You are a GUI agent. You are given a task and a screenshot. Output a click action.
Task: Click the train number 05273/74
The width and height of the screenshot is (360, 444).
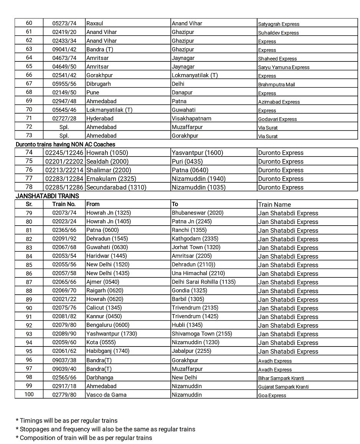(64, 23)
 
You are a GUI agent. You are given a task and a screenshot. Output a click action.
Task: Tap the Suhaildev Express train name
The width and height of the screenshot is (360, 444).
(278, 33)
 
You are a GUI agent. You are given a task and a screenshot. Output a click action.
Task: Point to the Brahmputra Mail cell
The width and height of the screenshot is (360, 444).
(276, 84)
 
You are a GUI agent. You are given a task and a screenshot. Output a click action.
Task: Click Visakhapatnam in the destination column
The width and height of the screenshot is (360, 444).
(192, 118)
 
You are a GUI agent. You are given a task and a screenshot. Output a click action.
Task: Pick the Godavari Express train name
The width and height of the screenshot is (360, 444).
(277, 119)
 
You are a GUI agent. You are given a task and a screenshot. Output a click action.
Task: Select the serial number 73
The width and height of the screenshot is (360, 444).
(29, 135)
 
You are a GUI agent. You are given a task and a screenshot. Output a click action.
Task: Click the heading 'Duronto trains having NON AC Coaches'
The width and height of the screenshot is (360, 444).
(65, 144)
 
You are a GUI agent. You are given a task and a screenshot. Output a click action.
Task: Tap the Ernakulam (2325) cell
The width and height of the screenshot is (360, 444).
(111, 178)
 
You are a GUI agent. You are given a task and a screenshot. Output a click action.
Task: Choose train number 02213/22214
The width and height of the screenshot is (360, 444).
(64, 170)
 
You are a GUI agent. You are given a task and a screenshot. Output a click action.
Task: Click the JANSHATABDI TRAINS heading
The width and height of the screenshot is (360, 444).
(47, 196)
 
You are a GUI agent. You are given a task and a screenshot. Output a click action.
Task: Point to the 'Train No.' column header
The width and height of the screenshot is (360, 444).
(64, 204)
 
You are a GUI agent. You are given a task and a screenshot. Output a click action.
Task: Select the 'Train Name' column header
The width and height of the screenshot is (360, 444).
(274, 205)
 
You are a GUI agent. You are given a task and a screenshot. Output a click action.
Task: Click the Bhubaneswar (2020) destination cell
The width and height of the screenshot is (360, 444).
(197, 213)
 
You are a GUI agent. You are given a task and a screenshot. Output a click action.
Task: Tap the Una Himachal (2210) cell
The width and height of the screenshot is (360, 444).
(198, 273)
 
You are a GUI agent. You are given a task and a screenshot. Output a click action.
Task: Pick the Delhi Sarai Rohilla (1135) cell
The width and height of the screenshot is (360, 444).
(203, 282)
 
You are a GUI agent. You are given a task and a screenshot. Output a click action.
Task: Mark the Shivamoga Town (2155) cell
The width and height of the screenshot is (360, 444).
(201, 333)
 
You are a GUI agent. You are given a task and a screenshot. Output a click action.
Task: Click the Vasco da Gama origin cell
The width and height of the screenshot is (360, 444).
(106, 394)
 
